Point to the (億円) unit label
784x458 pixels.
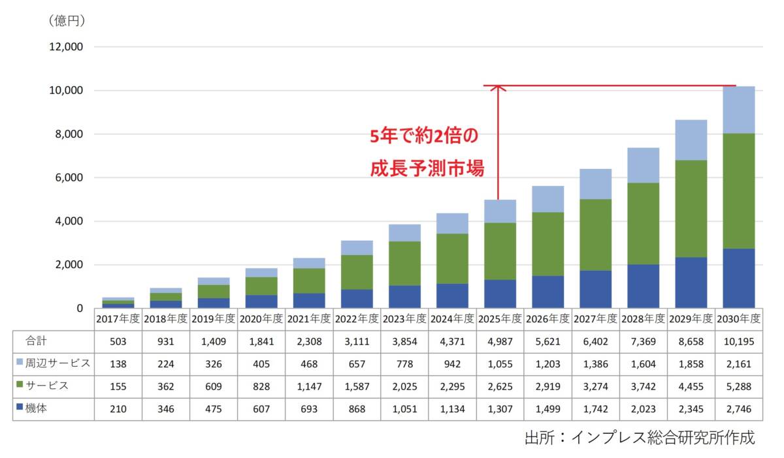tap(67, 21)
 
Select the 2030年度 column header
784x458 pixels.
tap(739, 319)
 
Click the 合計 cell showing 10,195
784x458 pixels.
tap(739, 341)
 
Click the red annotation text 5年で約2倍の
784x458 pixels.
tap(425, 136)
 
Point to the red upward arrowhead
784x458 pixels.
tap(498, 89)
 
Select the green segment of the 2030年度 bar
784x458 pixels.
tap(739, 191)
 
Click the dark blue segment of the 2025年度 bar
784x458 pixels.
tap(500, 294)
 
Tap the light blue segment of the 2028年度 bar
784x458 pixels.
tap(644, 165)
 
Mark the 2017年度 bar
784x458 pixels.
tap(118, 303)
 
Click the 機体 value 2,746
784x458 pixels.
tap(739, 408)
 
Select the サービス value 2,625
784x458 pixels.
tap(500, 386)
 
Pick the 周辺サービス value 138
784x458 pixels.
tap(118, 363)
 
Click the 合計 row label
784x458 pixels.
tap(35, 341)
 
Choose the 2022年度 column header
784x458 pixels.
tap(357, 319)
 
